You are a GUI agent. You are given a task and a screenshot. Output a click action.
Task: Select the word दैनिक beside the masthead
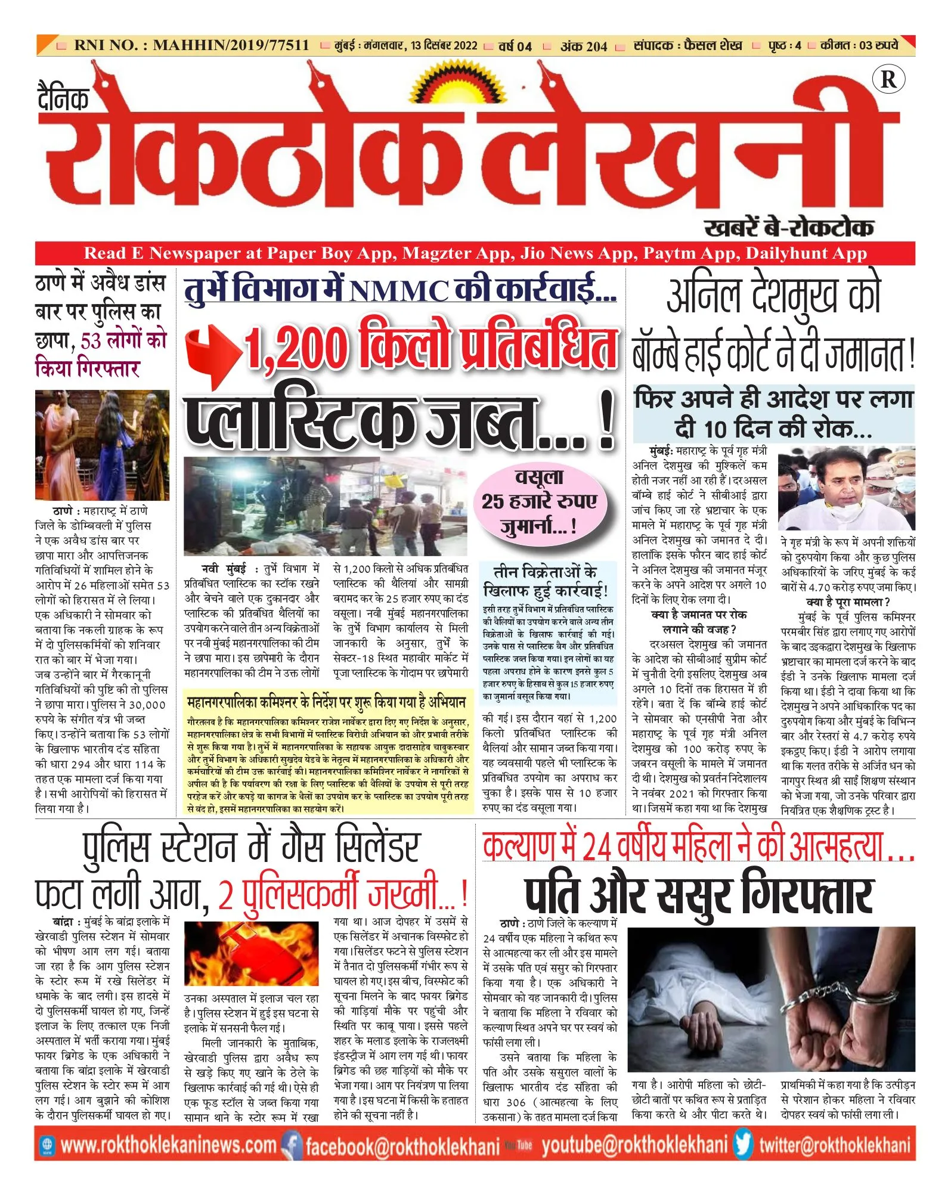[x=63, y=99]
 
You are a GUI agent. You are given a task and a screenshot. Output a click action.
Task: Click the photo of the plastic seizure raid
[x=326, y=506]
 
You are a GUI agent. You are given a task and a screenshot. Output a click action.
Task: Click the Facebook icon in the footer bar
[x=292, y=1145]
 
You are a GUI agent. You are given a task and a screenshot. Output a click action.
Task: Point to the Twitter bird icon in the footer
[x=743, y=1144]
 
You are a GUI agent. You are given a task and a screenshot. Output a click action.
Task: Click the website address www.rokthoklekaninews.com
[x=169, y=1145]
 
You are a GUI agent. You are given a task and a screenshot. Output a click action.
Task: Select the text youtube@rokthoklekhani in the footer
[x=634, y=1145]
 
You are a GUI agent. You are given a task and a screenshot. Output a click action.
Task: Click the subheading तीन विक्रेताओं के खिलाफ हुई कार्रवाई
[x=546, y=581]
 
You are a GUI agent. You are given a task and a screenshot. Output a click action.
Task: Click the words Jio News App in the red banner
[x=577, y=253]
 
